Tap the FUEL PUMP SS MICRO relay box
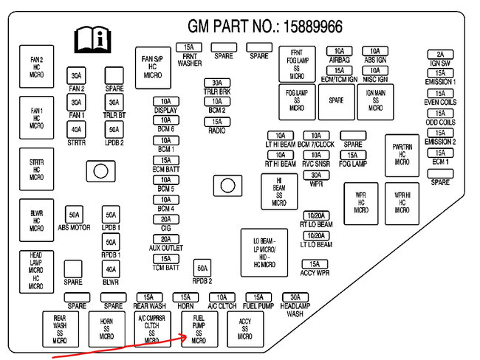click(x=199, y=328)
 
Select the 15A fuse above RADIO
click(x=216, y=122)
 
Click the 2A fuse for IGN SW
click(x=440, y=54)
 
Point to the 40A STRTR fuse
click(x=75, y=130)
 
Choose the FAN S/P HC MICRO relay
click(x=153, y=67)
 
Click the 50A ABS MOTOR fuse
click(x=74, y=215)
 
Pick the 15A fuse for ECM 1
click(x=440, y=153)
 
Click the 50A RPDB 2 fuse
click(x=202, y=269)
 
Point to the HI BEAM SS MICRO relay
click(x=279, y=191)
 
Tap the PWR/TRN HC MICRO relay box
click(x=402, y=155)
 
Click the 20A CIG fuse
click(x=165, y=219)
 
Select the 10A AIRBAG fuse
click(x=339, y=51)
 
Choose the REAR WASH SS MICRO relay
click(x=60, y=329)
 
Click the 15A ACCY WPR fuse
click(x=315, y=264)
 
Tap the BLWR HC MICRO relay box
click(x=36, y=219)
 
